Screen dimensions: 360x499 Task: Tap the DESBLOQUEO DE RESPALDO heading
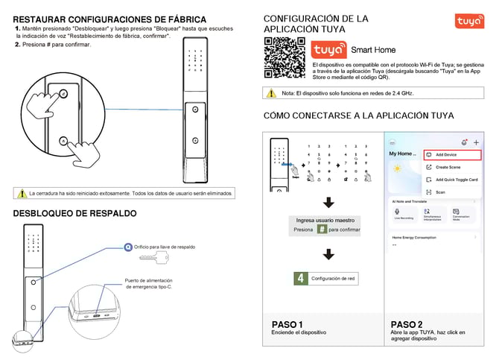pos(74,214)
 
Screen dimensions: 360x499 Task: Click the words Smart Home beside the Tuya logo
pos(373,50)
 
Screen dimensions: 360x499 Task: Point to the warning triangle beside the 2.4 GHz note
pos(271,93)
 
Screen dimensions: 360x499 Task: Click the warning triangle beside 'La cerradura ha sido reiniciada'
pos(22,193)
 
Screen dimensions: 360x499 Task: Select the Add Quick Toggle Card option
pos(456,180)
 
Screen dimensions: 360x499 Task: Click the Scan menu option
pos(440,192)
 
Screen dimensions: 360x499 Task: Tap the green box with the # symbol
pos(322,230)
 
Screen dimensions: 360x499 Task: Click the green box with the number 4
pos(301,278)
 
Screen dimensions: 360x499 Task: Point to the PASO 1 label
pos(287,324)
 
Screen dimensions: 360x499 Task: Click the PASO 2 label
pos(407,324)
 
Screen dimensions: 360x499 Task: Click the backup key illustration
pos(154,258)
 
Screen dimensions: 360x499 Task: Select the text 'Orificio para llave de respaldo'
pos(164,246)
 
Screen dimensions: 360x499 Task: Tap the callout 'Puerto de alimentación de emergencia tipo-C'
pos(148,284)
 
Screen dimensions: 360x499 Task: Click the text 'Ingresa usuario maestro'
pos(324,220)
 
